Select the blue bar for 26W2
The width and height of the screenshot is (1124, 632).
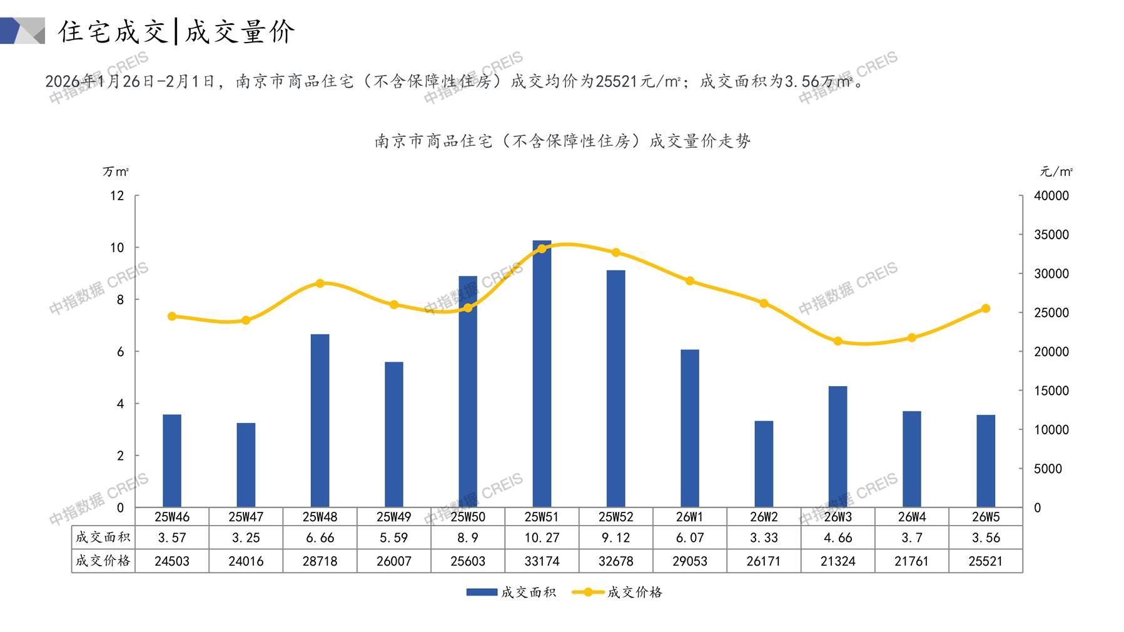point(764,464)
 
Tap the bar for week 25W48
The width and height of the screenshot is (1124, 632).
point(320,420)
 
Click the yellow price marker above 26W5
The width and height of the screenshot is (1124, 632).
point(986,308)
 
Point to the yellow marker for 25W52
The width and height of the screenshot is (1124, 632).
point(616,253)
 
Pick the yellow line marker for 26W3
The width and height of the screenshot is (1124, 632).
point(838,341)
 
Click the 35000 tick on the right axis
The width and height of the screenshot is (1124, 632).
point(1051,235)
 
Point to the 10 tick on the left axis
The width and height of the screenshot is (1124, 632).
point(117,248)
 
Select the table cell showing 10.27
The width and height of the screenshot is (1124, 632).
point(542,538)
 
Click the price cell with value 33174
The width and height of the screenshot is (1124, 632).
point(542,561)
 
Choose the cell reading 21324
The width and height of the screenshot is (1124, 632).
point(838,561)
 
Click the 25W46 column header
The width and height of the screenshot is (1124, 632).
point(172,517)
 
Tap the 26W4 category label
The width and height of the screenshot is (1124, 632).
point(911,517)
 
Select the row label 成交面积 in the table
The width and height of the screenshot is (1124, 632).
point(103,538)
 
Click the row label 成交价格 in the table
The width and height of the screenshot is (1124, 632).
point(103,561)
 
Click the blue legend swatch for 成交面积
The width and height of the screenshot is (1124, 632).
point(482,592)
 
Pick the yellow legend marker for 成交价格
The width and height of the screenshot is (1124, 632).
point(588,592)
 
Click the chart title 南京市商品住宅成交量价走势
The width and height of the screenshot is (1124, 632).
point(562,141)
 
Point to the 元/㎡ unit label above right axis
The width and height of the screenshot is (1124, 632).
point(1056,171)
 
